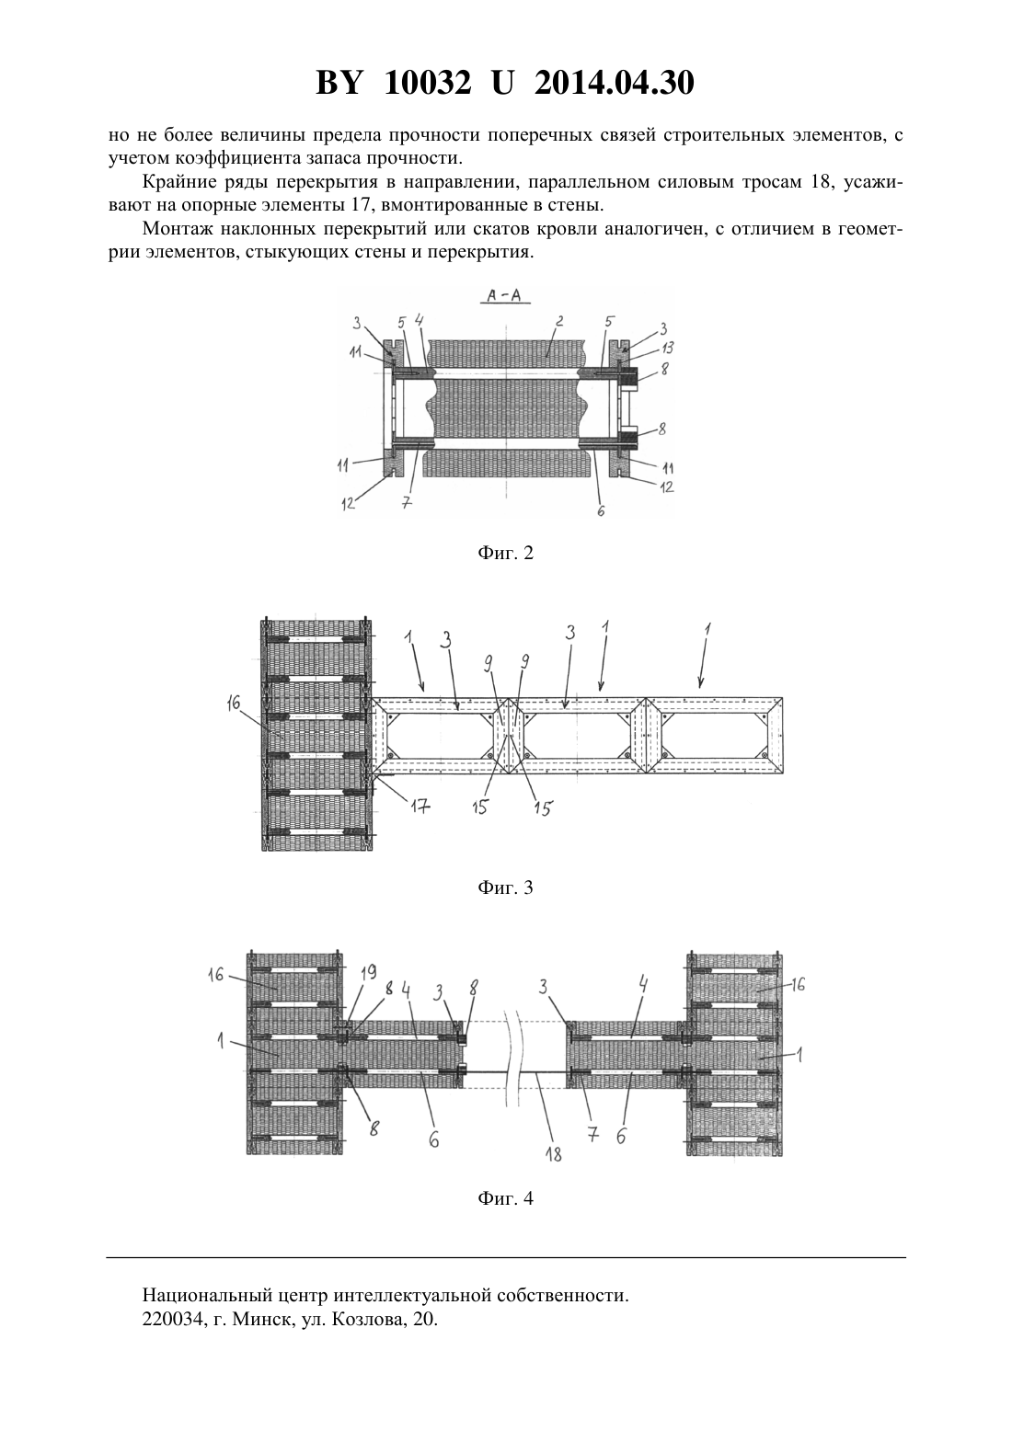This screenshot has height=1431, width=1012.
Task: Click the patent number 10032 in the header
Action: (x=428, y=83)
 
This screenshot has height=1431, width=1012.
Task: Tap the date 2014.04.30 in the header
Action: (x=614, y=83)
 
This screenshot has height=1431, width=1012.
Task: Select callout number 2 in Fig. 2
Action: (x=559, y=322)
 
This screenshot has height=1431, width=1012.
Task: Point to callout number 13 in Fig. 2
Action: (x=667, y=349)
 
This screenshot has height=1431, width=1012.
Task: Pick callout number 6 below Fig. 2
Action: (x=601, y=511)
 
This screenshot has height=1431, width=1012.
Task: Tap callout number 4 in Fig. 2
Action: (x=420, y=321)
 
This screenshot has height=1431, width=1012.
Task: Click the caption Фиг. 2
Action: (x=505, y=554)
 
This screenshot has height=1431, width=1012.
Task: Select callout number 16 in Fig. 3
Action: (x=233, y=704)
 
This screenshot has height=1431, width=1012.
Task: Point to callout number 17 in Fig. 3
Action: (x=420, y=807)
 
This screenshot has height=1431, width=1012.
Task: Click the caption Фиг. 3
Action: (x=505, y=888)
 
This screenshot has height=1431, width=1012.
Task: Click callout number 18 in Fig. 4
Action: (x=553, y=1154)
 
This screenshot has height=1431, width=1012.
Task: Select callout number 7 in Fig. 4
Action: (x=592, y=1135)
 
